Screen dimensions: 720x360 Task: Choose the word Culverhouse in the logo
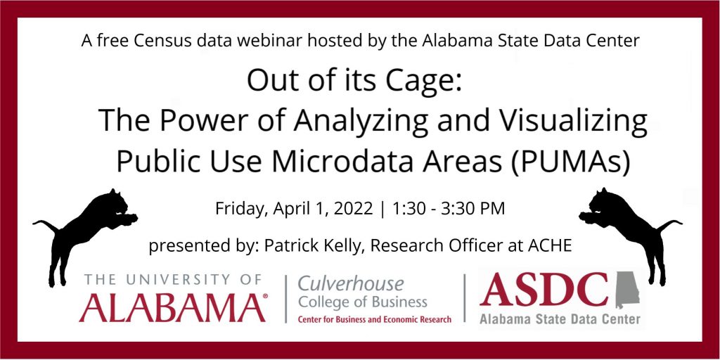pyautogui.click(x=351, y=284)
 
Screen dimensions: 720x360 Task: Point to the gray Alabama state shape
pyautogui.click(x=626, y=290)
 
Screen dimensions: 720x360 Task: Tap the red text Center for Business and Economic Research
pyautogui.click(x=375, y=319)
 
